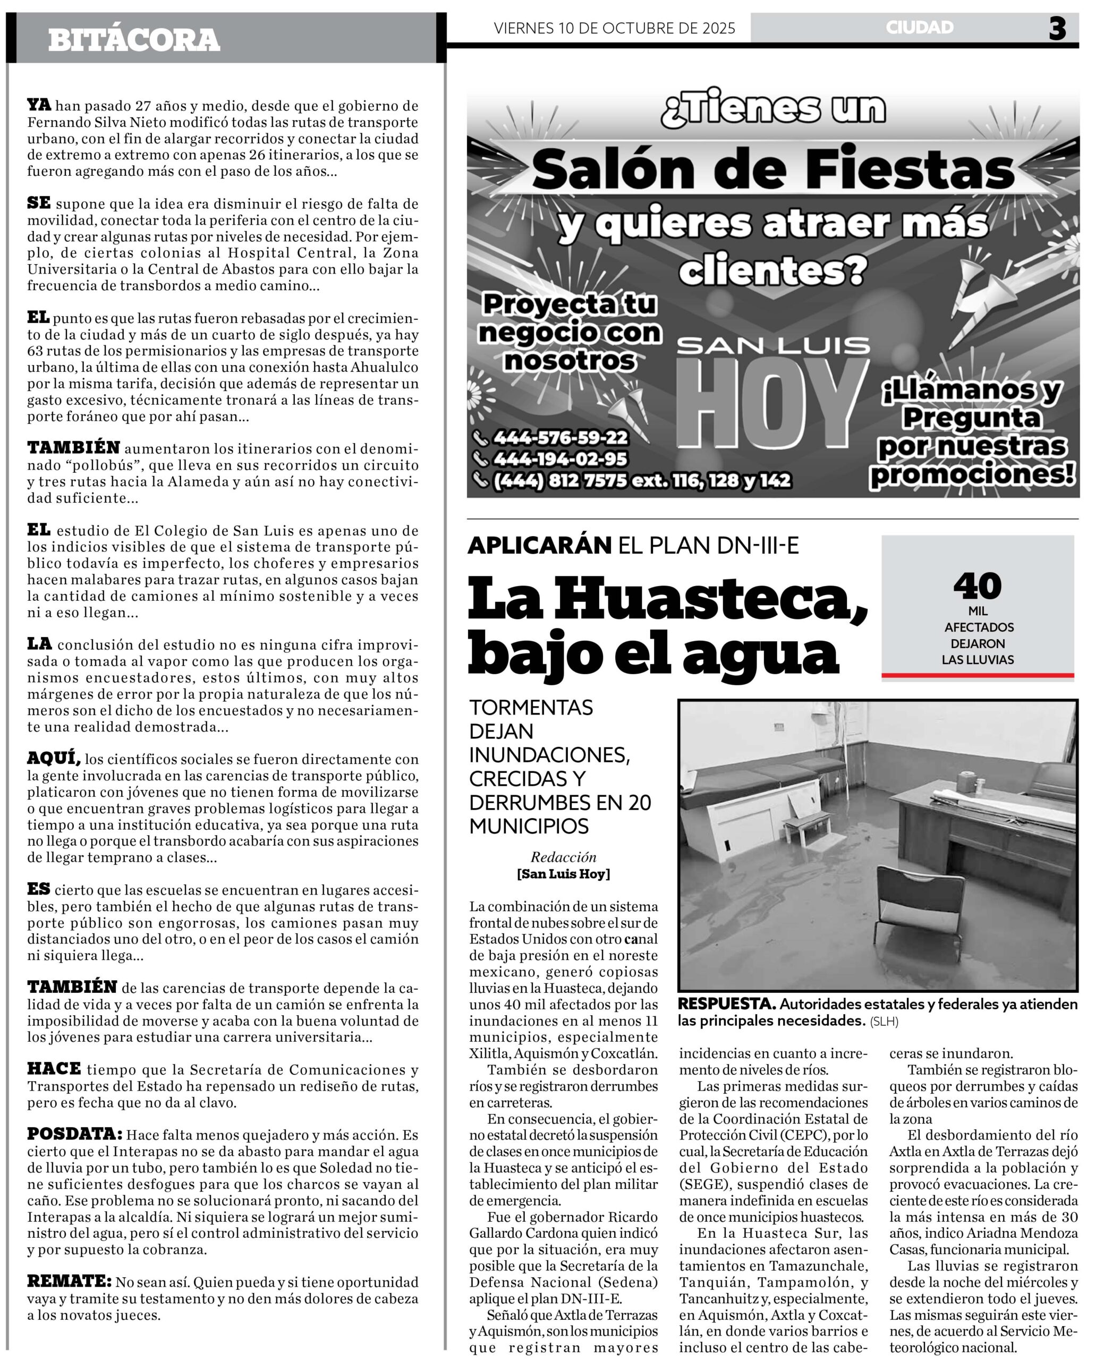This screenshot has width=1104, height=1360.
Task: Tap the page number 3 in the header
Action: pyautogui.click(x=1057, y=29)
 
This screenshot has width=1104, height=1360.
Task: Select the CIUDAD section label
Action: pyautogui.click(x=920, y=27)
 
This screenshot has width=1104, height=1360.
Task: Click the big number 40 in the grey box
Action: pyautogui.click(x=978, y=585)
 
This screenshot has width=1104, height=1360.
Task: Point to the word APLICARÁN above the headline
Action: pyautogui.click(x=540, y=546)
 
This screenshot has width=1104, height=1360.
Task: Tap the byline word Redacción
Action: pyautogui.click(x=564, y=857)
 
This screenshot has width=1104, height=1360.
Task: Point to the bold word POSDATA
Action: pyautogui.click(x=74, y=1134)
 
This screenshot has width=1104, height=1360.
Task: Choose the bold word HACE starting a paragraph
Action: pyautogui.click(x=54, y=1069)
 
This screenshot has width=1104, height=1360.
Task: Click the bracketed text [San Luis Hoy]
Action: pyautogui.click(x=564, y=873)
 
